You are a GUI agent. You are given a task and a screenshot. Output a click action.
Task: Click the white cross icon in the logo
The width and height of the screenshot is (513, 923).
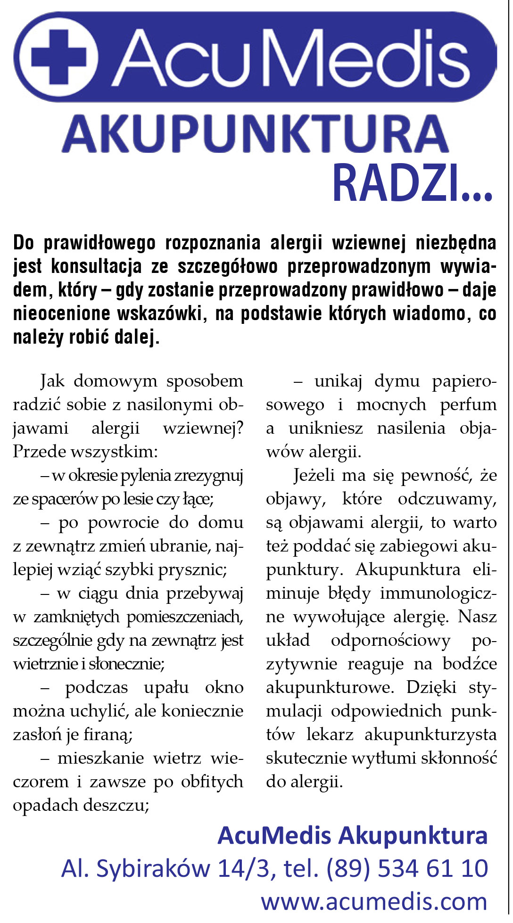tap(58, 58)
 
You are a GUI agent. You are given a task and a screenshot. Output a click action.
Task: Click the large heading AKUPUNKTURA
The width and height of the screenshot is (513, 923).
tap(255, 135)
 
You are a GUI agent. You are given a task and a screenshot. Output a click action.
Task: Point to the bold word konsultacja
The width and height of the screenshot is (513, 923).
tap(96, 266)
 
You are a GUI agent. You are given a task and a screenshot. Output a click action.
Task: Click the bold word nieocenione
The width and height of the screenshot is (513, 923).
tap(60, 313)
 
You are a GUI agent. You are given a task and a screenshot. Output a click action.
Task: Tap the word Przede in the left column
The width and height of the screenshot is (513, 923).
tap(39, 452)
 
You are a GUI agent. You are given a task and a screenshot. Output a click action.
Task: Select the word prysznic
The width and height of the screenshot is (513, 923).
tap(192, 570)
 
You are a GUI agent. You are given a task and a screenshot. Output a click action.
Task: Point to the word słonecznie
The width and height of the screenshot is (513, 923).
tap(126, 664)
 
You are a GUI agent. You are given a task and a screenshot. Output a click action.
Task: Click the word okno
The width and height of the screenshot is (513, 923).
tap(224, 688)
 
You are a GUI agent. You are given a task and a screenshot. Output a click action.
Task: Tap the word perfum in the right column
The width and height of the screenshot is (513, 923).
tap(468, 405)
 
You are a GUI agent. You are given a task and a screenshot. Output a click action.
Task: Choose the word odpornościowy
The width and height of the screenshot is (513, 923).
tap(391, 641)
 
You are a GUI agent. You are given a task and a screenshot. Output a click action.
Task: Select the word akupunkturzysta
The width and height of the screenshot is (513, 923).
tap(430, 735)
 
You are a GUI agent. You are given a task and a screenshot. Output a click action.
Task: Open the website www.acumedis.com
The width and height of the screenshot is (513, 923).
tap(374, 902)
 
